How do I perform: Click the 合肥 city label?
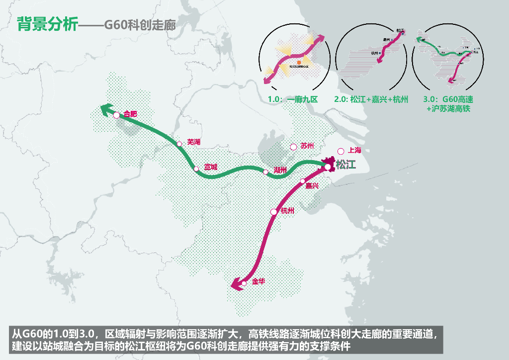tap(130, 114)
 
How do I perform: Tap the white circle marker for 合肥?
tap(116, 115)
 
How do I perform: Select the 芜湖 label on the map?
tap(193, 142)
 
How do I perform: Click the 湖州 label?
tap(280, 170)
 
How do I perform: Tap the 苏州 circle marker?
tap(293, 147)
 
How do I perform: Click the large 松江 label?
tap(346, 165)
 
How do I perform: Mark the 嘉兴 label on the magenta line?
tap(312, 185)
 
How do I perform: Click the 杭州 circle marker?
tap(273, 212)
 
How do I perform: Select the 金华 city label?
tap(258, 281)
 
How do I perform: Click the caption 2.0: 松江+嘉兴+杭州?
tap(371, 99)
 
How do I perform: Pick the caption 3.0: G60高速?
tap(444, 99)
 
